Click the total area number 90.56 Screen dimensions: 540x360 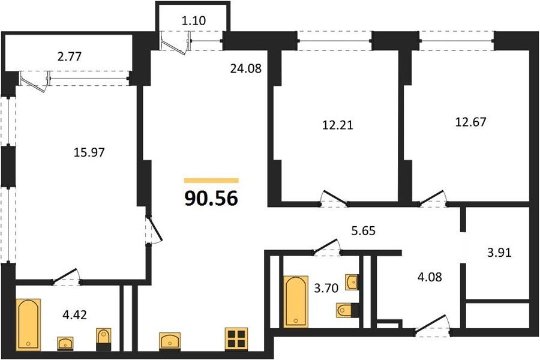(x=211, y=199)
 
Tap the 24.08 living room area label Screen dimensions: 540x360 (x=246, y=68)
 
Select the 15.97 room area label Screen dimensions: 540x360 (x=89, y=152)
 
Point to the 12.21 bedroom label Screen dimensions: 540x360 (x=337, y=125)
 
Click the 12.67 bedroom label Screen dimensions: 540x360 (x=470, y=122)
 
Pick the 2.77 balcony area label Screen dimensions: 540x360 (x=70, y=56)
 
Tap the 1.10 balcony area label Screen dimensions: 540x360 (x=194, y=20)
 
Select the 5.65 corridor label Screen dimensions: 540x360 (x=363, y=230)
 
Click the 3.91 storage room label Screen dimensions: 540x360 (x=499, y=253)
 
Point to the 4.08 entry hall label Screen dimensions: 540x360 (x=429, y=277)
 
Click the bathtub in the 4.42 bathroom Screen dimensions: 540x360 (x=28, y=325)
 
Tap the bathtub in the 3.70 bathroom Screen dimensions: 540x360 (x=296, y=301)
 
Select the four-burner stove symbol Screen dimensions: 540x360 (x=236, y=339)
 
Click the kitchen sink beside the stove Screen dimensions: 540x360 (x=170, y=341)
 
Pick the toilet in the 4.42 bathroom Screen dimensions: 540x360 (x=104, y=340)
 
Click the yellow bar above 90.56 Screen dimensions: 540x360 (x=211, y=180)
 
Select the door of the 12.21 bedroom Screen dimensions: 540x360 (x=334, y=198)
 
